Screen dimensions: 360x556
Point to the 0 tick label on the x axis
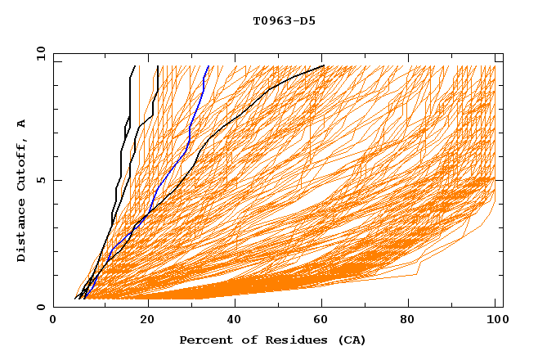[x=53, y=322]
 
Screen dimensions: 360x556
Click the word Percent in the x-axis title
[x=204, y=340]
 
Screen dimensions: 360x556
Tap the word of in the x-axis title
[x=244, y=340]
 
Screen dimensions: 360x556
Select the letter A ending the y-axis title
[x=21, y=123]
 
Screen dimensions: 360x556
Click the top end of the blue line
[x=208, y=65]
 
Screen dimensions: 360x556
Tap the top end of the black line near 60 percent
[x=325, y=65]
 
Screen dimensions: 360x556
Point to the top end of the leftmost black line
[x=135, y=65]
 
